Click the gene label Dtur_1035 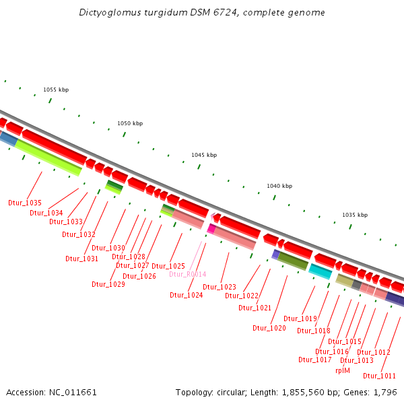point(25,203)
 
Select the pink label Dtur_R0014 point(188,274)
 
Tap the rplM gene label point(343,370)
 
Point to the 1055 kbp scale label point(56,90)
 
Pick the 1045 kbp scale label point(204,155)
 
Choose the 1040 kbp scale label point(279,186)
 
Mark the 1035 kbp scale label point(355,215)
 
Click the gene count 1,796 point(386,392)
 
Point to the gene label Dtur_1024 point(187,295)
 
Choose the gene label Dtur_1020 point(269,328)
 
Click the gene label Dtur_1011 point(379,376)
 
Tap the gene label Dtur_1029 point(108,284)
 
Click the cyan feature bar point(320,271)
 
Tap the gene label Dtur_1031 point(82,259)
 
